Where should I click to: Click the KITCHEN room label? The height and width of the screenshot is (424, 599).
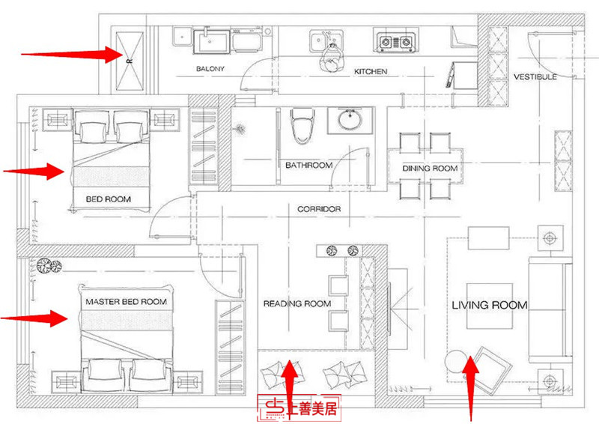pos(370,71)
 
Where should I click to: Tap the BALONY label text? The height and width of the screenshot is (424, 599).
pos(210,69)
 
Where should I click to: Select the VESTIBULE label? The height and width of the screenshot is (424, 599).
pos(535,77)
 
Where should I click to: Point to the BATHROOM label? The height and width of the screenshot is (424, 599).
pos(308,165)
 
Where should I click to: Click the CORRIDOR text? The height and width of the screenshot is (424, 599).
pos(319,209)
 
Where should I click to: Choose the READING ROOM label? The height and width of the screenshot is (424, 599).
pos(297,303)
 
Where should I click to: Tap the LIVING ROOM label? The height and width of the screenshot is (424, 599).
pos(490,305)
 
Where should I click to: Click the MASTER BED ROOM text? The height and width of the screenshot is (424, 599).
pos(126,302)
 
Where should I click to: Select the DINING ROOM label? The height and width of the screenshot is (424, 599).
pos(430,169)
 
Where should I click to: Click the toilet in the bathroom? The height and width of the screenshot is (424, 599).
pos(302,126)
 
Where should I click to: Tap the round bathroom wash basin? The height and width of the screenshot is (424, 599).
pos(350,119)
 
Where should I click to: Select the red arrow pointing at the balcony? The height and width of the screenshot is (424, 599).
pos(72,55)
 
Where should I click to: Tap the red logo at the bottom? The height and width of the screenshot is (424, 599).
pos(299,408)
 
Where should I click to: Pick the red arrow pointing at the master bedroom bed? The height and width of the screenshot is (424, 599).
pos(34,318)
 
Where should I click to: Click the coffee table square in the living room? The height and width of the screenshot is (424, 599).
pos(490,306)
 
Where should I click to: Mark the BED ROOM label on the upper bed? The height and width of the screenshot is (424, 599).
pos(109,199)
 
